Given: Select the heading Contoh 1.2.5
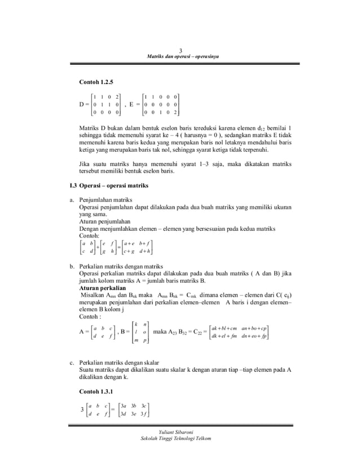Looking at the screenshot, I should click(x=98, y=83).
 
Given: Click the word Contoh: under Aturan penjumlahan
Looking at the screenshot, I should click(x=89, y=235).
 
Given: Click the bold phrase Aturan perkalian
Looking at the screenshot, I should click(x=102, y=287).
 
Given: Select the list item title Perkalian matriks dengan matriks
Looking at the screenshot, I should click(x=121, y=266).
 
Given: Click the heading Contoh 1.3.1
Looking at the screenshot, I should click(x=98, y=392).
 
